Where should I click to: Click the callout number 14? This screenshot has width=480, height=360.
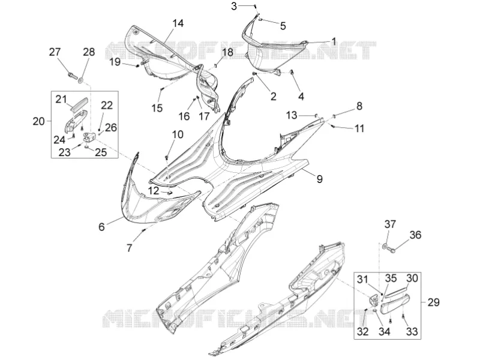(178, 23)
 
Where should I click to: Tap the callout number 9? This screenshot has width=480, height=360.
(320, 179)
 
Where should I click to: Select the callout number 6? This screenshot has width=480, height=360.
(101, 227)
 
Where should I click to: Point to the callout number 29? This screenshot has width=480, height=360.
(433, 302)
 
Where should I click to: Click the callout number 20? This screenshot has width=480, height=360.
(39, 121)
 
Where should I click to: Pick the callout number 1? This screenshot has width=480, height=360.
(334, 41)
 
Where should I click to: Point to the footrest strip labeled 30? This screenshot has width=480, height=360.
(396, 292)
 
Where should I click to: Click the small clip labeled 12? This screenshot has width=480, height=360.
(169, 193)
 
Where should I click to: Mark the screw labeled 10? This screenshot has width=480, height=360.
(167, 158)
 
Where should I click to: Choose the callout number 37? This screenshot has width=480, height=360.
(390, 224)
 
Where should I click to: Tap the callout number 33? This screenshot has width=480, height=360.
(412, 331)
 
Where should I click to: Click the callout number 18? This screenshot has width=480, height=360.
(227, 52)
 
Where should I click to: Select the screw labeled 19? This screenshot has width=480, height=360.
(138, 65)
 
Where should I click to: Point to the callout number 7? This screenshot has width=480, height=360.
(129, 248)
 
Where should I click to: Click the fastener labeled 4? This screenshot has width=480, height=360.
(292, 72)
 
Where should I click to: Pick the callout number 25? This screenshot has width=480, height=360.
(101, 152)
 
